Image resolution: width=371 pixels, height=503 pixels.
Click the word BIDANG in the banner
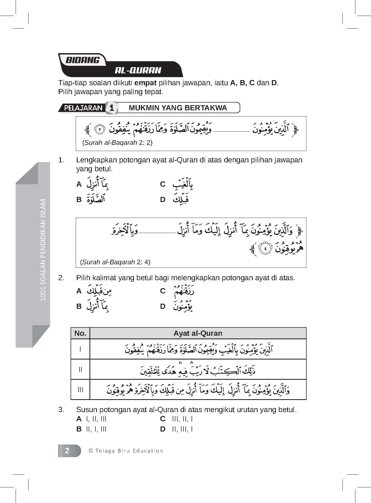82,60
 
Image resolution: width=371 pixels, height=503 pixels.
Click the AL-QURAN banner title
138,70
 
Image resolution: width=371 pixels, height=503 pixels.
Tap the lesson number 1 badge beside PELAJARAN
111,108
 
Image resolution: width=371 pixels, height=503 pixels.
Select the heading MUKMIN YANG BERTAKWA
178,108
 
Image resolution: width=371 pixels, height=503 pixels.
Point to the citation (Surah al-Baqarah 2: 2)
117,142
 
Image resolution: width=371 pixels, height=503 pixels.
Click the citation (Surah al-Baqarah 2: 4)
115,262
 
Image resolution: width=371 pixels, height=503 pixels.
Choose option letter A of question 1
79,184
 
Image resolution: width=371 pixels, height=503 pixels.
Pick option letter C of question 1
162,184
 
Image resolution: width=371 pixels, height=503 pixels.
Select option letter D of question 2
162,306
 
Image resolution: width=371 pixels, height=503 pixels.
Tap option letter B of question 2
79,306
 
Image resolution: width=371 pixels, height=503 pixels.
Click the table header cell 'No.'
80,333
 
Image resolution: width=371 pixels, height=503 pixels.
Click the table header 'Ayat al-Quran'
198,333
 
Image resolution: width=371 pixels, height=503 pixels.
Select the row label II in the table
80,369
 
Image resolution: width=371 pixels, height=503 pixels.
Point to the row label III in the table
80,390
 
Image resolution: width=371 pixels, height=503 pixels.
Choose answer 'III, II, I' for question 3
182,419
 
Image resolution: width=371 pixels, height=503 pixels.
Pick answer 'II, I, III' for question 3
96,429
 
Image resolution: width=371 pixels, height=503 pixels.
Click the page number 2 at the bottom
67,451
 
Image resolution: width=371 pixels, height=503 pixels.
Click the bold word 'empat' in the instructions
145,83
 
